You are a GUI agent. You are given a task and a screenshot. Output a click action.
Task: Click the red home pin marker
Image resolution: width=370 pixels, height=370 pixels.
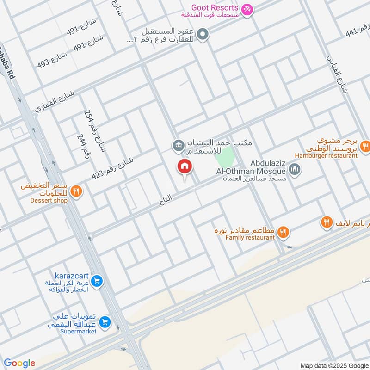tap(185, 167)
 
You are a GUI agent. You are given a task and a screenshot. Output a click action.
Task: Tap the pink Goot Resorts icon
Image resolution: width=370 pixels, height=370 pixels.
tap(247, 8)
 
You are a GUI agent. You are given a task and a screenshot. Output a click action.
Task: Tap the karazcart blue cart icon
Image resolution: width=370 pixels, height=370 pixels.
tap(97, 281)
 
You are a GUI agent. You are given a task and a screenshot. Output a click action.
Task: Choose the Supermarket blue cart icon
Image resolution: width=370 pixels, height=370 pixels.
tap(105, 322)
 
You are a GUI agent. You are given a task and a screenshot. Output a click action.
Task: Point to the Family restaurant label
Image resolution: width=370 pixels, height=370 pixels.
tap(250, 238)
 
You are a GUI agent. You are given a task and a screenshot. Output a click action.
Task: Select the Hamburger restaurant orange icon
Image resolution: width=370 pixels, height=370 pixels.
tap(365, 147)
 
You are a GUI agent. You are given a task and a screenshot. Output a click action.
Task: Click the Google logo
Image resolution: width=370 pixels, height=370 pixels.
tap(19, 363)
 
